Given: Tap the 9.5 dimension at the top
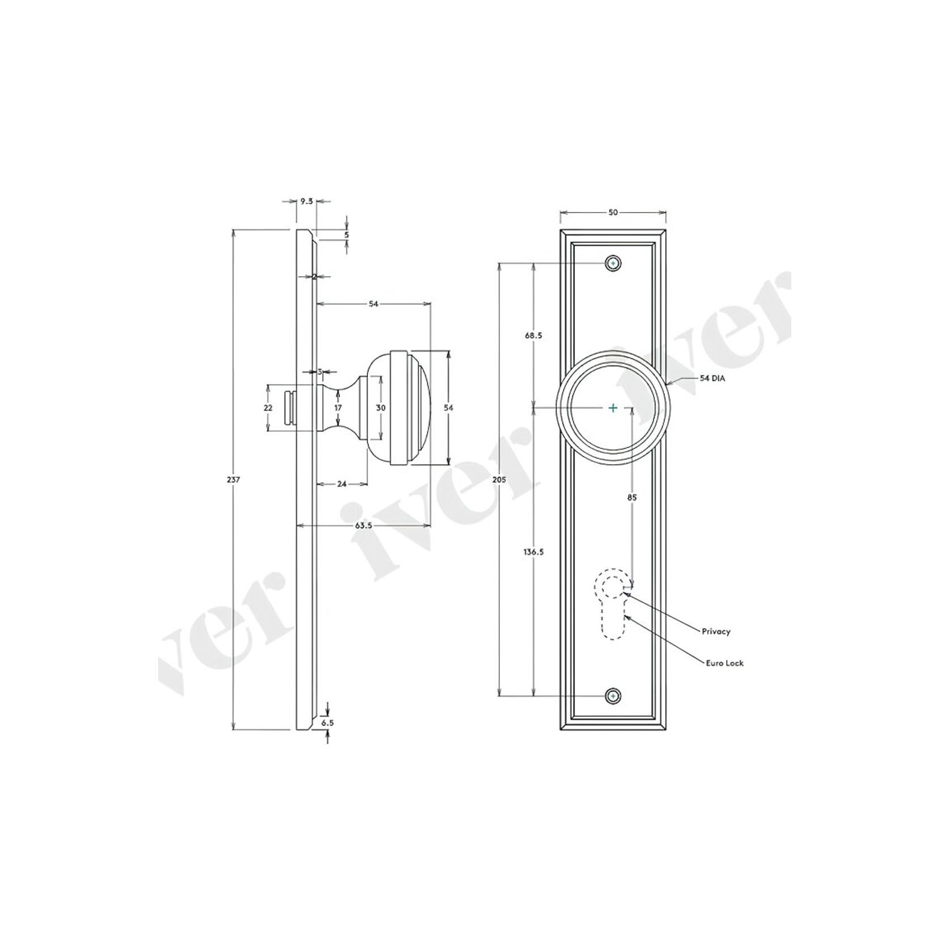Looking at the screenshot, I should coord(307,201).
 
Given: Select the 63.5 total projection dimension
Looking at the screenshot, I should coord(363,525).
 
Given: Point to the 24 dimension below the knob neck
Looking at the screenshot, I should coord(342,484).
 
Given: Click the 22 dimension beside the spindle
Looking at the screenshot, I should coord(268,408).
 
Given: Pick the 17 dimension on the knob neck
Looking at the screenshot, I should coord(338,408).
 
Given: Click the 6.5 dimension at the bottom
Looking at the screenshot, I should coord(328,723).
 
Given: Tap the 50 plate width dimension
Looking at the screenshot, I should coord(613,213).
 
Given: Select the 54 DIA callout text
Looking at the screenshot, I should coord(712,378).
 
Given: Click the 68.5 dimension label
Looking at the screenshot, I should coord(533,335).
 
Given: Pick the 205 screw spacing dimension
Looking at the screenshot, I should coord(499,480).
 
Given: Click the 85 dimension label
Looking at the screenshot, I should coord(632,497).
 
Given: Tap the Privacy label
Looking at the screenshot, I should coord(716,631).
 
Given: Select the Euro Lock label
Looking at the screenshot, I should coord(724,663).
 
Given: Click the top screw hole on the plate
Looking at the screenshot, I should coord(613,264).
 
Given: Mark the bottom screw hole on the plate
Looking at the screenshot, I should coord(613,696).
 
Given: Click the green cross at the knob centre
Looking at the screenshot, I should coord(613,408).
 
